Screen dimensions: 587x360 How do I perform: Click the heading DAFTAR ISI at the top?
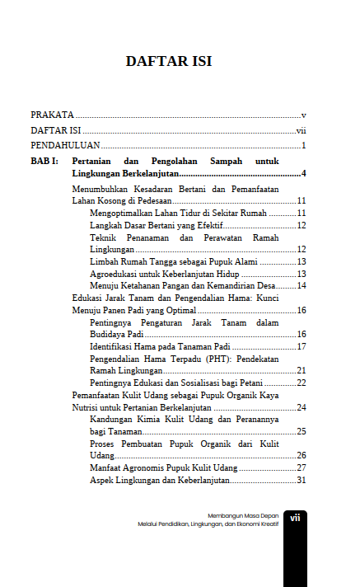coord(168,61)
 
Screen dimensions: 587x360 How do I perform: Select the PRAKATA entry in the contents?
coord(52,115)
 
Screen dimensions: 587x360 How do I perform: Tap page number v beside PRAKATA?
coord(304,115)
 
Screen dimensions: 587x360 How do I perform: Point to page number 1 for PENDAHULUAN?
coord(304,146)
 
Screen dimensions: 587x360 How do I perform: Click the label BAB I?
coord(44,162)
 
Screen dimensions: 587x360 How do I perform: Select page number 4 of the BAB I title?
coord(304,174)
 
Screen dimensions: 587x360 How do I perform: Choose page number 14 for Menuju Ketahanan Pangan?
coord(302,285)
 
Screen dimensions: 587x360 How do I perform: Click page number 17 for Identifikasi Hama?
coord(302,346)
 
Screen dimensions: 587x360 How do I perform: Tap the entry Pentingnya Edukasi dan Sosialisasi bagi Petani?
coord(181,383)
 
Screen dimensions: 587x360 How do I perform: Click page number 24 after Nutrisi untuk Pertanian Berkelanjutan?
coord(302,407)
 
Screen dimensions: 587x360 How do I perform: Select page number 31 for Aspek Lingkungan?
coord(302,480)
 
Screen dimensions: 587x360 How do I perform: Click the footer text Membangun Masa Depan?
coord(243,515)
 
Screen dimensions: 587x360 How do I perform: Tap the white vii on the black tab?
coord(295,518)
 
